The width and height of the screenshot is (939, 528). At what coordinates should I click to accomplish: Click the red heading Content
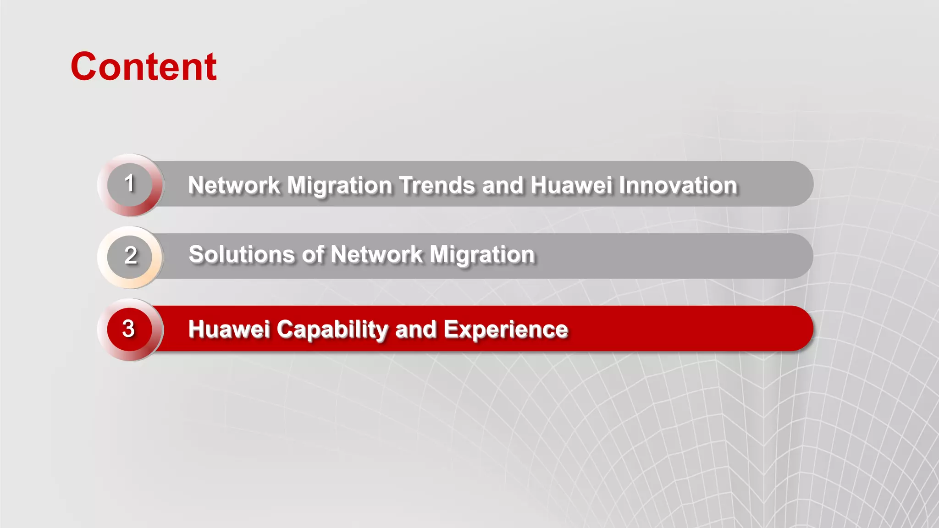tap(144, 67)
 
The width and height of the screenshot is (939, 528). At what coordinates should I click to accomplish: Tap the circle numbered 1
tap(130, 184)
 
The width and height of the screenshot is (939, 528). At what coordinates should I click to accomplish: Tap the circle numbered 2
tap(130, 256)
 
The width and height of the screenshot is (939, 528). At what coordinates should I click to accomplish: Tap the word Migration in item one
tap(339, 186)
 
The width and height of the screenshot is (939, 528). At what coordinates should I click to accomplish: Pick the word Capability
tap(332, 330)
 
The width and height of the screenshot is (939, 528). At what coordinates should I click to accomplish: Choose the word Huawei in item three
tap(229, 330)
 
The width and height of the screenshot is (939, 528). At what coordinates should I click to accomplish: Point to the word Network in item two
tap(376, 255)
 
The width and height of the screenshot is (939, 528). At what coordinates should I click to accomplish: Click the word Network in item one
tap(234, 186)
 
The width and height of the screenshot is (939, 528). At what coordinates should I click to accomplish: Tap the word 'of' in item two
tap(313, 255)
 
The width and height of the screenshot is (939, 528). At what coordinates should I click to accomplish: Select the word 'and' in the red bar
tap(415, 330)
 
